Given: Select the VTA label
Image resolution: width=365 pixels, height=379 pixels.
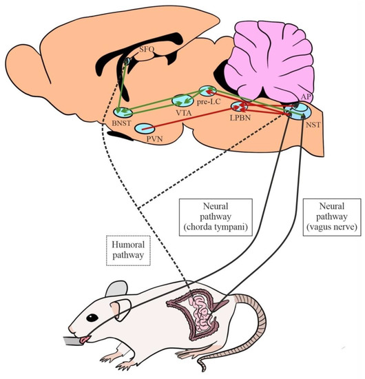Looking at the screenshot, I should click(183, 112).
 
